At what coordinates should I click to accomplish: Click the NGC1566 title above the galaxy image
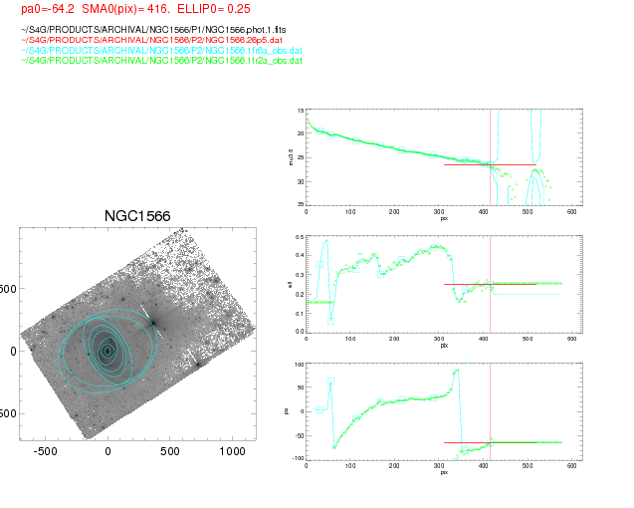(x=137, y=216)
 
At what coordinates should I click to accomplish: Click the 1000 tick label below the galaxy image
(x=232, y=451)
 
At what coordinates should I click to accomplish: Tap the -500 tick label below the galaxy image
(x=46, y=451)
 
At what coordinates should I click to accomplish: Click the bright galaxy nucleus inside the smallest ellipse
(x=107, y=350)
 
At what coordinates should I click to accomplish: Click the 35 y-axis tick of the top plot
(x=300, y=204)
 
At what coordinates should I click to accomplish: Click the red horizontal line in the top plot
(x=488, y=164)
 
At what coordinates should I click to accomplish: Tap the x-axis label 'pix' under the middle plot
(x=444, y=345)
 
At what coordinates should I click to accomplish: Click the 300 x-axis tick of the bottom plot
(x=439, y=467)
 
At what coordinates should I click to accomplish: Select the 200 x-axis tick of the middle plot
(x=395, y=340)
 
